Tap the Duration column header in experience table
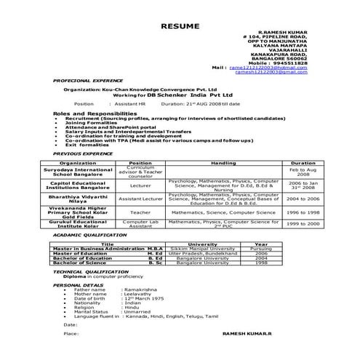click(x=303, y=164)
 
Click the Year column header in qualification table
click(x=261, y=244)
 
